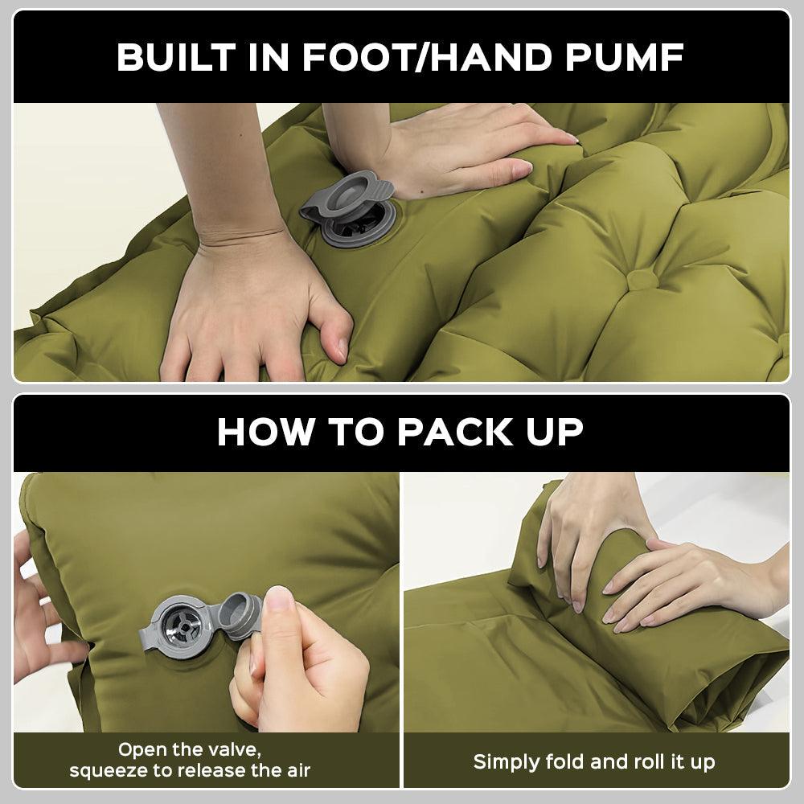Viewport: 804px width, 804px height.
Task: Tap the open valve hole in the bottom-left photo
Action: pos(182,624)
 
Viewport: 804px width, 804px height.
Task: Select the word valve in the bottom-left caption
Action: pos(233,749)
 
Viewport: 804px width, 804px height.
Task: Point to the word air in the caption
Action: pos(294,771)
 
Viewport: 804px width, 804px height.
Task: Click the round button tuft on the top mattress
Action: pos(640,280)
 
